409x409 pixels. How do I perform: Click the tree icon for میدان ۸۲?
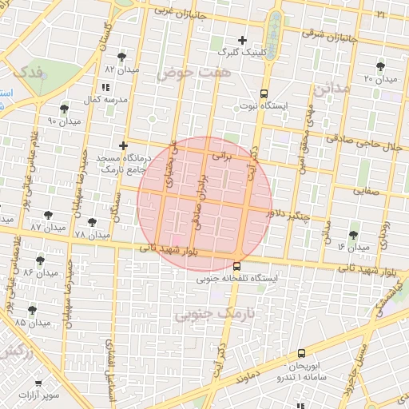[x=121, y=57]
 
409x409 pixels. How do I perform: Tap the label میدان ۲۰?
[x=380, y=79]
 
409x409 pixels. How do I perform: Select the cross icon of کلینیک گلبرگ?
[x=243, y=40]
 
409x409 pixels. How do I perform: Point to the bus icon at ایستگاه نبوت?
[x=264, y=92]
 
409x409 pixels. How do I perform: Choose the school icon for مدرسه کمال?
[x=105, y=87]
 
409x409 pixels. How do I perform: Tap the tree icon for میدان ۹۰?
[x=64, y=108]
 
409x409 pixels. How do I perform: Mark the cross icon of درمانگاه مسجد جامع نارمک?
[x=123, y=146]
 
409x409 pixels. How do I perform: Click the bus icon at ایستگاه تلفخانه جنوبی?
[x=236, y=266]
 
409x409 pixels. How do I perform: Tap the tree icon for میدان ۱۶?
[x=353, y=235]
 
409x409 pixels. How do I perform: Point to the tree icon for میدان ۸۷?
[x=48, y=215]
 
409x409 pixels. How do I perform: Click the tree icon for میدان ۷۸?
[x=92, y=222]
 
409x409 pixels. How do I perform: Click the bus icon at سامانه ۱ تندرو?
[x=301, y=352]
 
